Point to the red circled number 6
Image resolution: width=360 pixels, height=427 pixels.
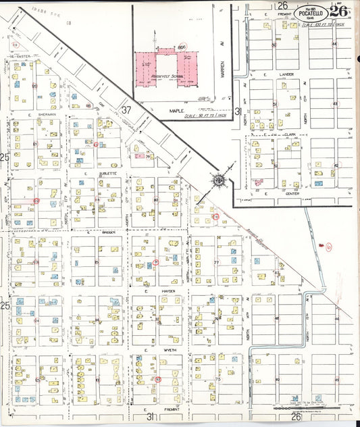click(329, 247)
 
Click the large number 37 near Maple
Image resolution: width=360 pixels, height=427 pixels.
click(126, 109)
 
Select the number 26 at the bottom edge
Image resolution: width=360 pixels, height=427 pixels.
click(295, 418)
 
